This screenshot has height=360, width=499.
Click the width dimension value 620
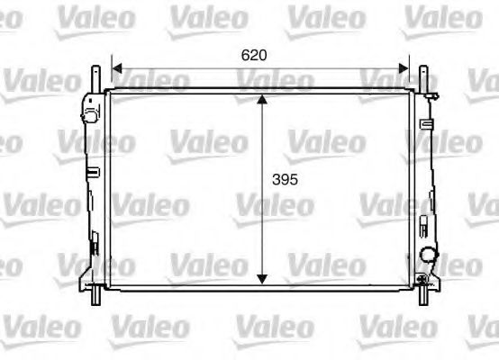tap(254, 55)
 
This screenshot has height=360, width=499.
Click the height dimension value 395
tap(284, 179)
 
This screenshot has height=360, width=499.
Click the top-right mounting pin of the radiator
tap(422, 76)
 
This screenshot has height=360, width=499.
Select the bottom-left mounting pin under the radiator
tap(95, 293)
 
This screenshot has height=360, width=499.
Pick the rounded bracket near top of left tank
tap(88, 114)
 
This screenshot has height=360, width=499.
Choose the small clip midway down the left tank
tap(92, 170)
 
